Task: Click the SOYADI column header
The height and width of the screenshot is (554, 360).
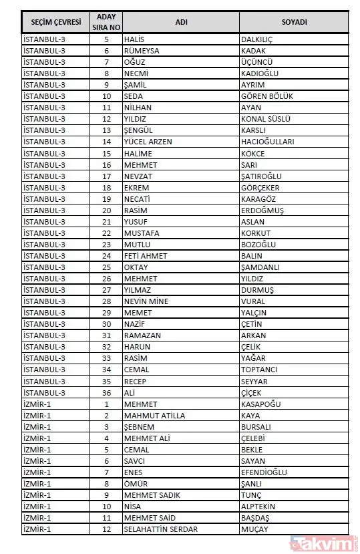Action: click(x=294, y=22)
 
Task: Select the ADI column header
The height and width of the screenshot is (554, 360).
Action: click(x=181, y=22)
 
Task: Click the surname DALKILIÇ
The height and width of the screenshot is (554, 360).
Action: click(x=256, y=39)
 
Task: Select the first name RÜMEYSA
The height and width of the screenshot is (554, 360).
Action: click(x=141, y=51)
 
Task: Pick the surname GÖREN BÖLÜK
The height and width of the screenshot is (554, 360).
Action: click(x=266, y=96)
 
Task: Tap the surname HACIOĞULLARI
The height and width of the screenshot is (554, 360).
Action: click(x=266, y=142)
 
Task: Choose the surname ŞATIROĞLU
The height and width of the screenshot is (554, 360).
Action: click(x=261, y=176)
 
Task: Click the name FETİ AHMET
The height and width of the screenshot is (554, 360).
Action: click(x=145, y=255)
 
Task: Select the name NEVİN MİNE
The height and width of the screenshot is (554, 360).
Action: click(x=146, y=301)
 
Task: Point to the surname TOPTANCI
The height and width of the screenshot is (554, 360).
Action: click(x=259, y=370)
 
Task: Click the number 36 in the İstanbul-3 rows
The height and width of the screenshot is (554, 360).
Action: click(x=106, y=392)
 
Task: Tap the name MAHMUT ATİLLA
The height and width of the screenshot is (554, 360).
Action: click(x=154, y=415)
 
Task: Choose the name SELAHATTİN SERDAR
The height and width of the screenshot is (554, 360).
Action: click(x=162, y=529)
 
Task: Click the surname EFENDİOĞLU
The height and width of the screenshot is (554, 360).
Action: click(x=264, y=472)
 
